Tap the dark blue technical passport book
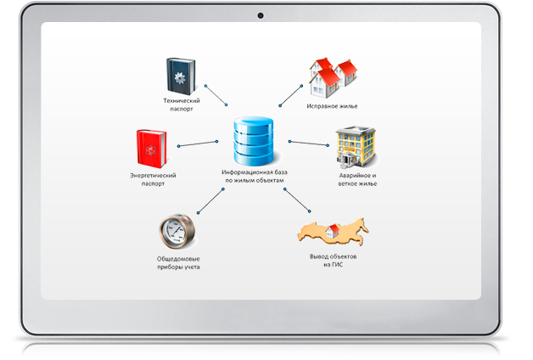182,76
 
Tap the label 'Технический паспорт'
182,104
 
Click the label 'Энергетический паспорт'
153,179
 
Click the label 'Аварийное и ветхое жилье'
356,179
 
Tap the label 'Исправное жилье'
332,107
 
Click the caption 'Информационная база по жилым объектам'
255,176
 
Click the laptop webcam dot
261,14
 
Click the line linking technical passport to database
215,93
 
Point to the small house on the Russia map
335,227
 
